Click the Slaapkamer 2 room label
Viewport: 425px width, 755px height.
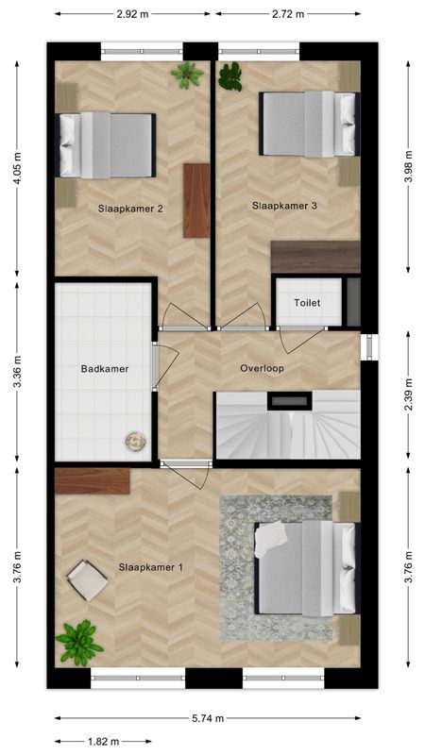pos(130,209)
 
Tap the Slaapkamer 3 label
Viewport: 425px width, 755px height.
pos(284,206)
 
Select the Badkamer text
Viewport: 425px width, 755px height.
pos(105,369)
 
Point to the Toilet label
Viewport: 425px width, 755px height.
pos(308,303)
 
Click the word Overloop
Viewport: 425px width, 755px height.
pos(262,369)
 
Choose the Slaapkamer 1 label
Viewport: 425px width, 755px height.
pos(151,568)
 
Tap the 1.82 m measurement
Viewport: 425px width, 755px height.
pos(103,742)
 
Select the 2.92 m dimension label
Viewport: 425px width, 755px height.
pos(132,14)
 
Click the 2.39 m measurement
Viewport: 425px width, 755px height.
pos(408,394)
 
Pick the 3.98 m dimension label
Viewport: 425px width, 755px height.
pos(408,167)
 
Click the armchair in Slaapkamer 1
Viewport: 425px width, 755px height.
pos(87,579)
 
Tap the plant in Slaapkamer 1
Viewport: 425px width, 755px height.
pos(78,644)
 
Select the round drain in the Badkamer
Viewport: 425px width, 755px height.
pos(135,442)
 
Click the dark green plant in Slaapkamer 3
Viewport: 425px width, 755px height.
pos(229,76)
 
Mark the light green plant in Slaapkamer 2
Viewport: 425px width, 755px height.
pos(187,75)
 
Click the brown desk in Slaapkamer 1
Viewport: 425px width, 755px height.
pos(93,481)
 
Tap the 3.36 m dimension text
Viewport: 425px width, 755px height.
pos(17,371)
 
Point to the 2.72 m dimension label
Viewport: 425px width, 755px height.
pos(288,14)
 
